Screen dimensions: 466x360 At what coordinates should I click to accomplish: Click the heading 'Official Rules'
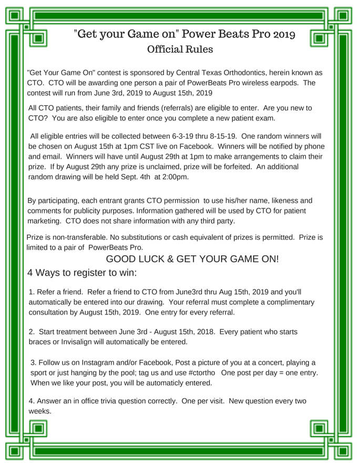click(180, 50)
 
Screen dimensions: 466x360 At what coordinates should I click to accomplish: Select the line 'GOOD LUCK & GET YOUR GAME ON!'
click(192, 259)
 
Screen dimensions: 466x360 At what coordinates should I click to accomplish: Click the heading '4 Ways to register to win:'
click(82, 273)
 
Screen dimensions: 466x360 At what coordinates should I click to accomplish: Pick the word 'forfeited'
click(242, 167)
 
